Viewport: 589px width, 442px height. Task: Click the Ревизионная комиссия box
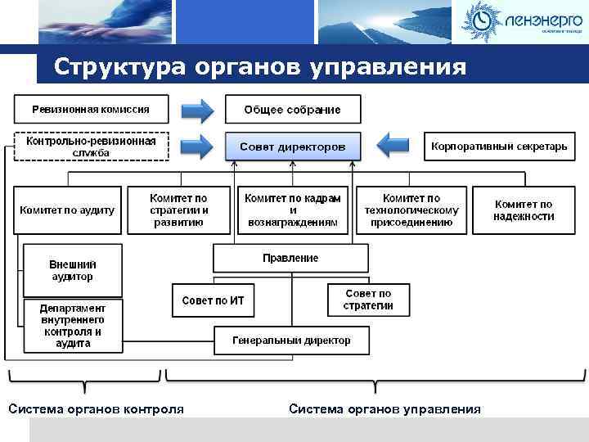91,108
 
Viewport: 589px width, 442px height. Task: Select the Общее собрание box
292,109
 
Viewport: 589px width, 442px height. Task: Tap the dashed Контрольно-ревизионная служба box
91,147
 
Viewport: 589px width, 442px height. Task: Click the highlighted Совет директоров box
292,147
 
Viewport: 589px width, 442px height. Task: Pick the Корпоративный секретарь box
498,147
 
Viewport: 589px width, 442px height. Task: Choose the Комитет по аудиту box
68,210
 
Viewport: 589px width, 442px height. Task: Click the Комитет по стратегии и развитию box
178,210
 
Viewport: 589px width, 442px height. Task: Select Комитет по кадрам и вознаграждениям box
292,210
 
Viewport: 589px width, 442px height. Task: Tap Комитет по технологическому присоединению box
411,210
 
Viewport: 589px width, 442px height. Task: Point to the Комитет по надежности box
524,210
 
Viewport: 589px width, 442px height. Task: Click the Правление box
290,258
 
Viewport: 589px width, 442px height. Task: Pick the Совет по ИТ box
213,300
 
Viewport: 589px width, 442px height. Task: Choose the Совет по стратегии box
368,300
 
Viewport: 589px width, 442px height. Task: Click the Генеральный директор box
291,340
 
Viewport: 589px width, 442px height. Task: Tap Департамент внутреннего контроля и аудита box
73,325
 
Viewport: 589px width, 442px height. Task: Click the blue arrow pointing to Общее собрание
196,109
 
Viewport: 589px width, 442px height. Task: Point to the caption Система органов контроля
96,409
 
